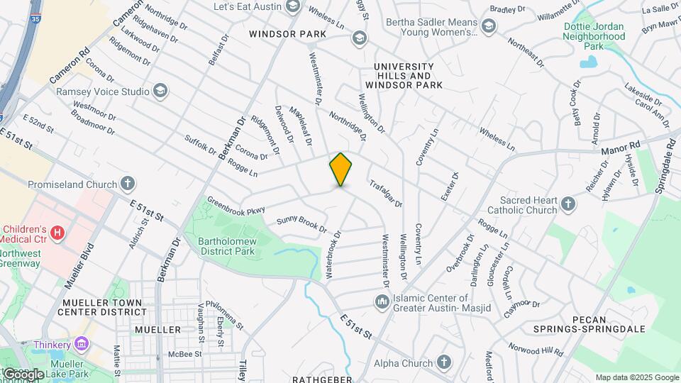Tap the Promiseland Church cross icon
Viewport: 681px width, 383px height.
coord(128,184)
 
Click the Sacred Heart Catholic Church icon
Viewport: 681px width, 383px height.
coord(567,205)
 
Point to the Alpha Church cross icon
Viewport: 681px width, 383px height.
coord(444,363)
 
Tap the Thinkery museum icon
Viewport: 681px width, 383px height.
coord(82,344)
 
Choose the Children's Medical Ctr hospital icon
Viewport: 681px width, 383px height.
coord(58,231)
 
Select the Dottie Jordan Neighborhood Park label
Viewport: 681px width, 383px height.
coord(593,36)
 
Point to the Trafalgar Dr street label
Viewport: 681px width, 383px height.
coord(385,193)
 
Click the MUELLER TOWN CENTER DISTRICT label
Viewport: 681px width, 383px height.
coord(101,307)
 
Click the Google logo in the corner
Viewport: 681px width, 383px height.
coord(23,374)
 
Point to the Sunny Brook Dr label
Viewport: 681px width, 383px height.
coord(301,225)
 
